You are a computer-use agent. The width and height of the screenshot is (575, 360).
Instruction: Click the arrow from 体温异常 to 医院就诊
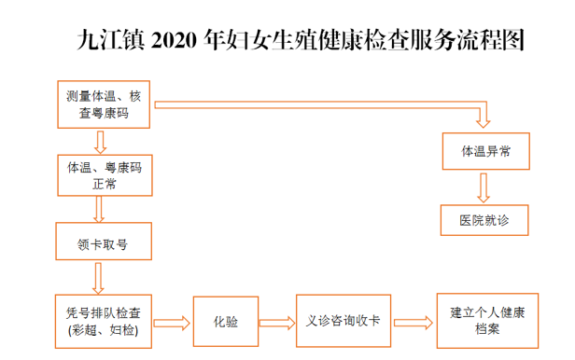[x=484, y=187]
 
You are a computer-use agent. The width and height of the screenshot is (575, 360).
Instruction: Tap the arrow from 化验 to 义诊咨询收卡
[x=277, y=323]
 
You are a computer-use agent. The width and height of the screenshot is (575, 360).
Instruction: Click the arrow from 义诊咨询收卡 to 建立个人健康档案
[x=414, y=323]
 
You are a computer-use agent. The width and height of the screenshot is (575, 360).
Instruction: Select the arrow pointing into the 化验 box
[x=172, y=323]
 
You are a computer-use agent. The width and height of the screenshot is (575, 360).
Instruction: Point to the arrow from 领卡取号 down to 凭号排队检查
[x=98, y=278]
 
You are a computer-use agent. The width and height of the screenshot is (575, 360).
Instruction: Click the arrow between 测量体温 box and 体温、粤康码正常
[x=100, y=143]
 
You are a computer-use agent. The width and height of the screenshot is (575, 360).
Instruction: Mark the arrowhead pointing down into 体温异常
[x=484, y=122]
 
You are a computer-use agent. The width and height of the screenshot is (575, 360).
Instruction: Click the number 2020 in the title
[x=174, y=40]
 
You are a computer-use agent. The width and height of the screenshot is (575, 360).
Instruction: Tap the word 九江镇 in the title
[x=111, y=39]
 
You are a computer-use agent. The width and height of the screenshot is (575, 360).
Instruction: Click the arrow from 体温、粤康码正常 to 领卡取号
[x=99, y=210]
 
